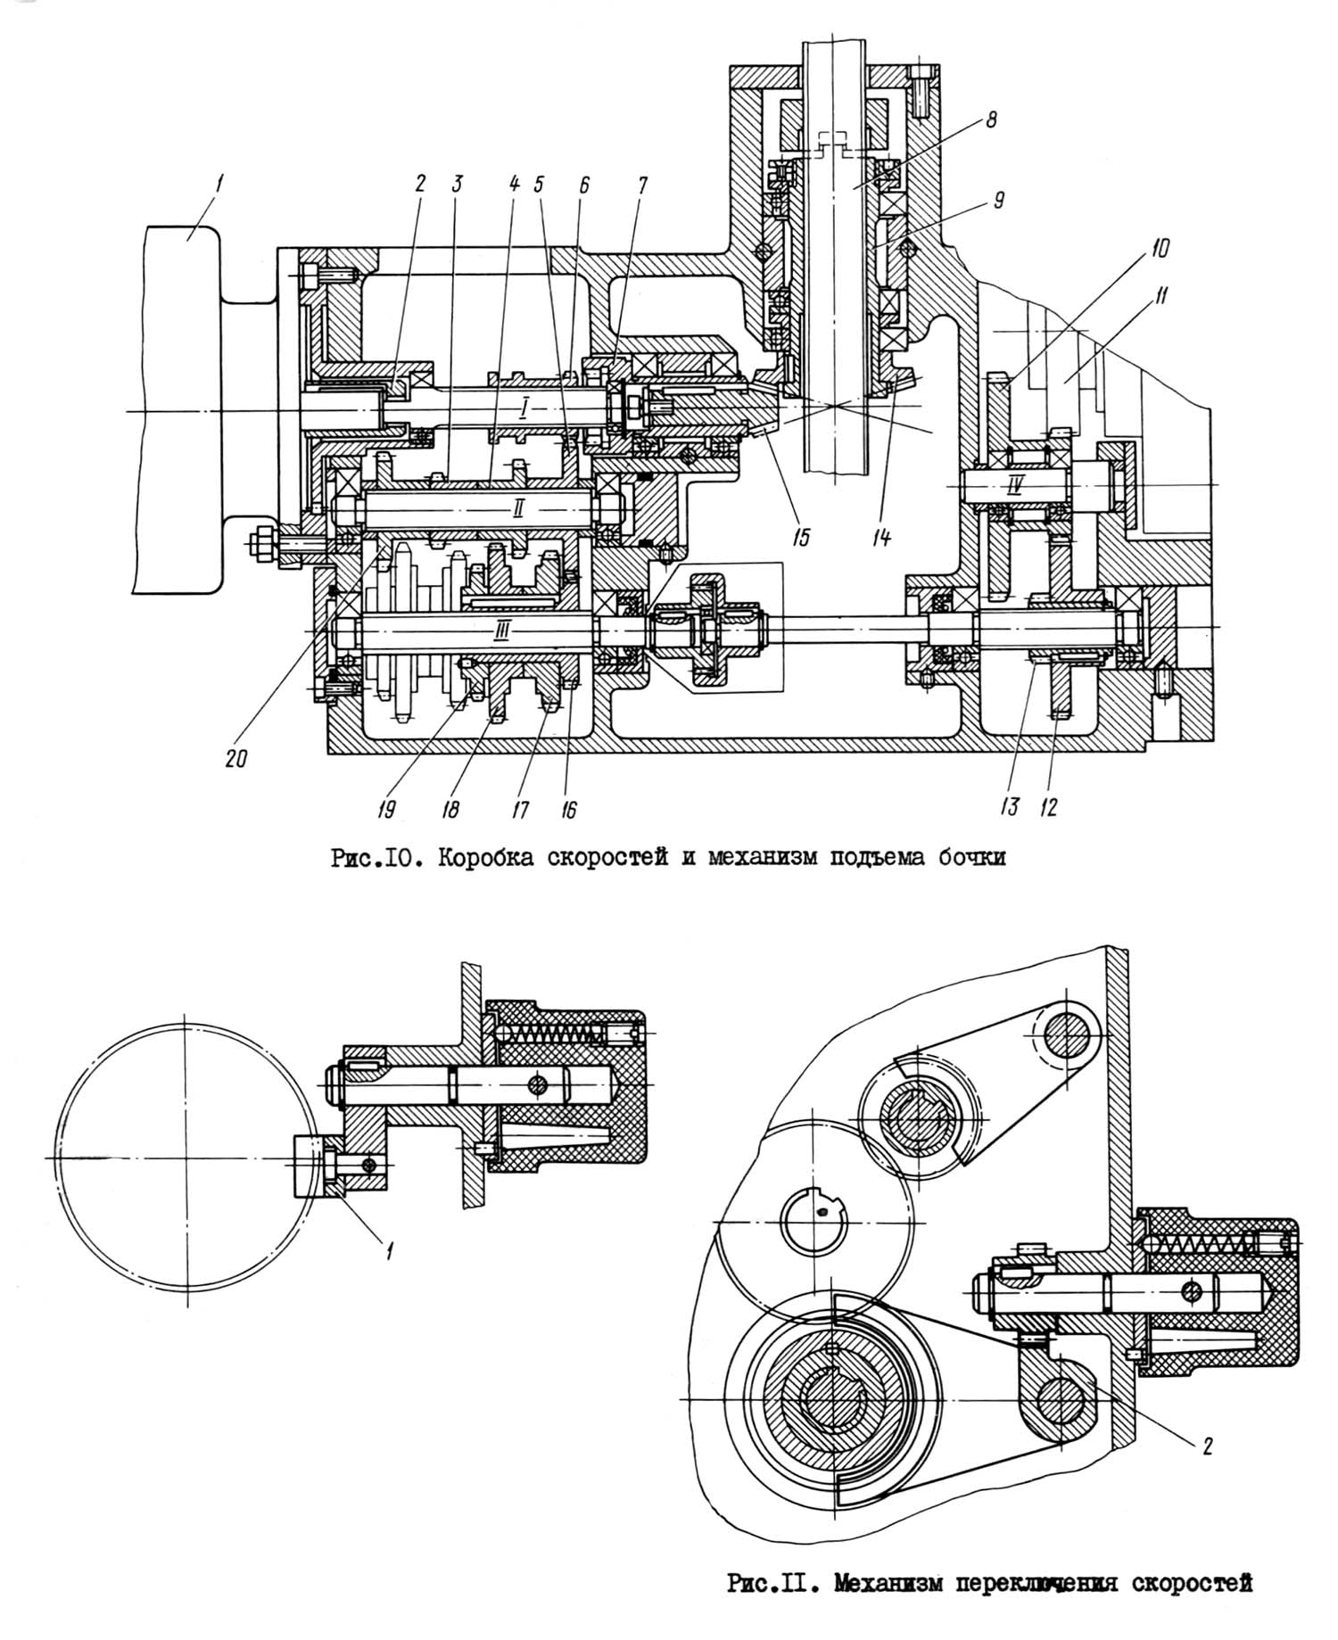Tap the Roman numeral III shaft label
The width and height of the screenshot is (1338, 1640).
(x=502, y=630)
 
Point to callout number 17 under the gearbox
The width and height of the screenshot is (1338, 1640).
(x=520, y=809)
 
